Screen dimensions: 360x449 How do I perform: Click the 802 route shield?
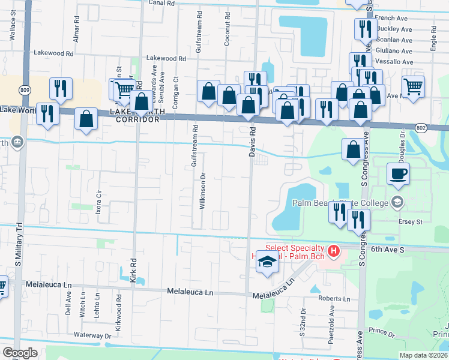[x=423, y=127]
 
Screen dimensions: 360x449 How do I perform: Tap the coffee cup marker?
[x=398, y=175]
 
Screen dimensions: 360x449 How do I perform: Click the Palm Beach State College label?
[x=340, y=203]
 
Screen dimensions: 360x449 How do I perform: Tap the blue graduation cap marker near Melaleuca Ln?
[x=267, y=262]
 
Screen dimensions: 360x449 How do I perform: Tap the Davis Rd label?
[x=253, y=142]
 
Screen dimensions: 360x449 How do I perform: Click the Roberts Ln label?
[x=334, y=298]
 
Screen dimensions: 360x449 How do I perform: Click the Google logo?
[x=20, y=353]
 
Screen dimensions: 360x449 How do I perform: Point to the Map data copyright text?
[x=423, y=355]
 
